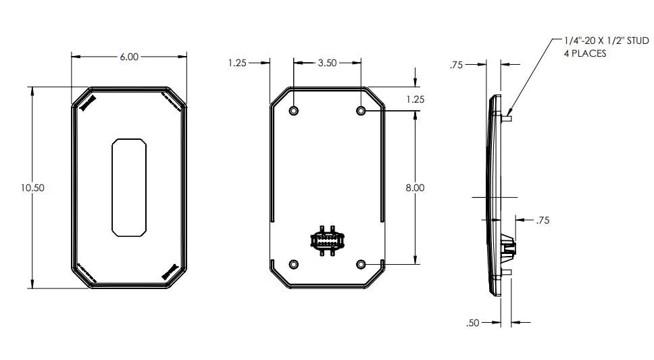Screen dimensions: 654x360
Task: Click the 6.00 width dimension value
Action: pyautogui.click(x=129, y=57)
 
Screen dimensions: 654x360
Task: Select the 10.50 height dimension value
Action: pyautogui.click(x=32, y=188)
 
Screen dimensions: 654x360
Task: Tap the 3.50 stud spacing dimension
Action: pyautogui.click(x=327, y=63)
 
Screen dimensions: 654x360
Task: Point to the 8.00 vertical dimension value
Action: pyautogui.click(x=415, y=188)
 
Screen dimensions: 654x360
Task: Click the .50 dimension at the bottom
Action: pyautogui.click(x=472, y=323)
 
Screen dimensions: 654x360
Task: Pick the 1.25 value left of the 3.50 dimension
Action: pyautogui.click(x=237, y=63)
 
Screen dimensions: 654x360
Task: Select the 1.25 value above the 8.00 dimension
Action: pyautogui.click(x=415, y=99)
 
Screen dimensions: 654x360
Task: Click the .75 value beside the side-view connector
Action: pyautogui.click(x=543, y=220)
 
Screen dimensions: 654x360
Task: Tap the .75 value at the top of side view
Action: pyautogui.click(x=456, y=65)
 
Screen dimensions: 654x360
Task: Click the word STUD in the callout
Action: pyautogui.click(x=638, y=41)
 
